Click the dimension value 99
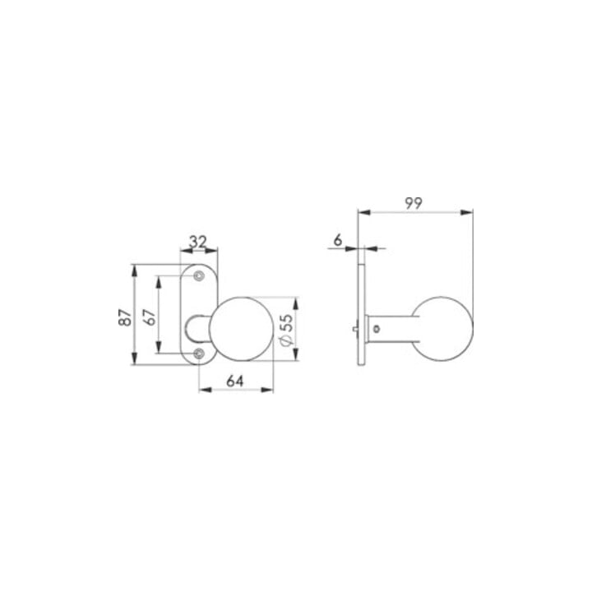click(414, 203)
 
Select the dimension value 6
click(338, 239)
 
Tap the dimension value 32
click(198, 242)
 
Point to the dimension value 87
click(125, 317)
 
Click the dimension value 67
click(150, 317)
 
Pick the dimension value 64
click(235, 382)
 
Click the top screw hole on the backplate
click(199, 276)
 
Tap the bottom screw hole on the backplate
click(199, 354)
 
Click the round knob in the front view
click(240, 329)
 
